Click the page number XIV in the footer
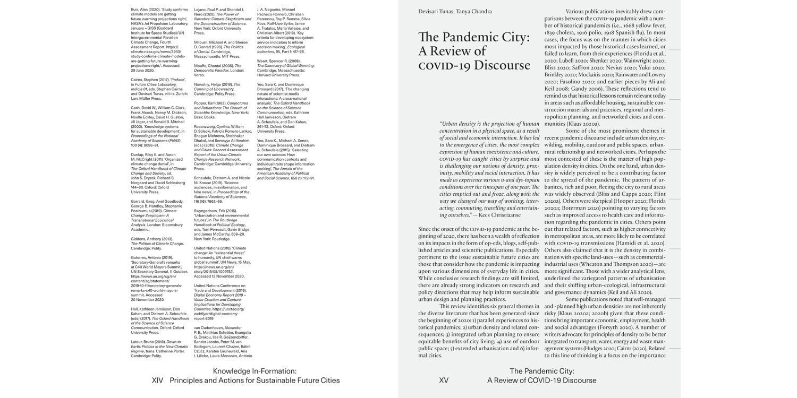158,380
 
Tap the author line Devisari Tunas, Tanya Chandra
455,12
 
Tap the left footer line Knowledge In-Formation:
255,371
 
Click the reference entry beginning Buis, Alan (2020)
146,10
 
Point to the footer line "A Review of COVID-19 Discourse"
541,380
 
